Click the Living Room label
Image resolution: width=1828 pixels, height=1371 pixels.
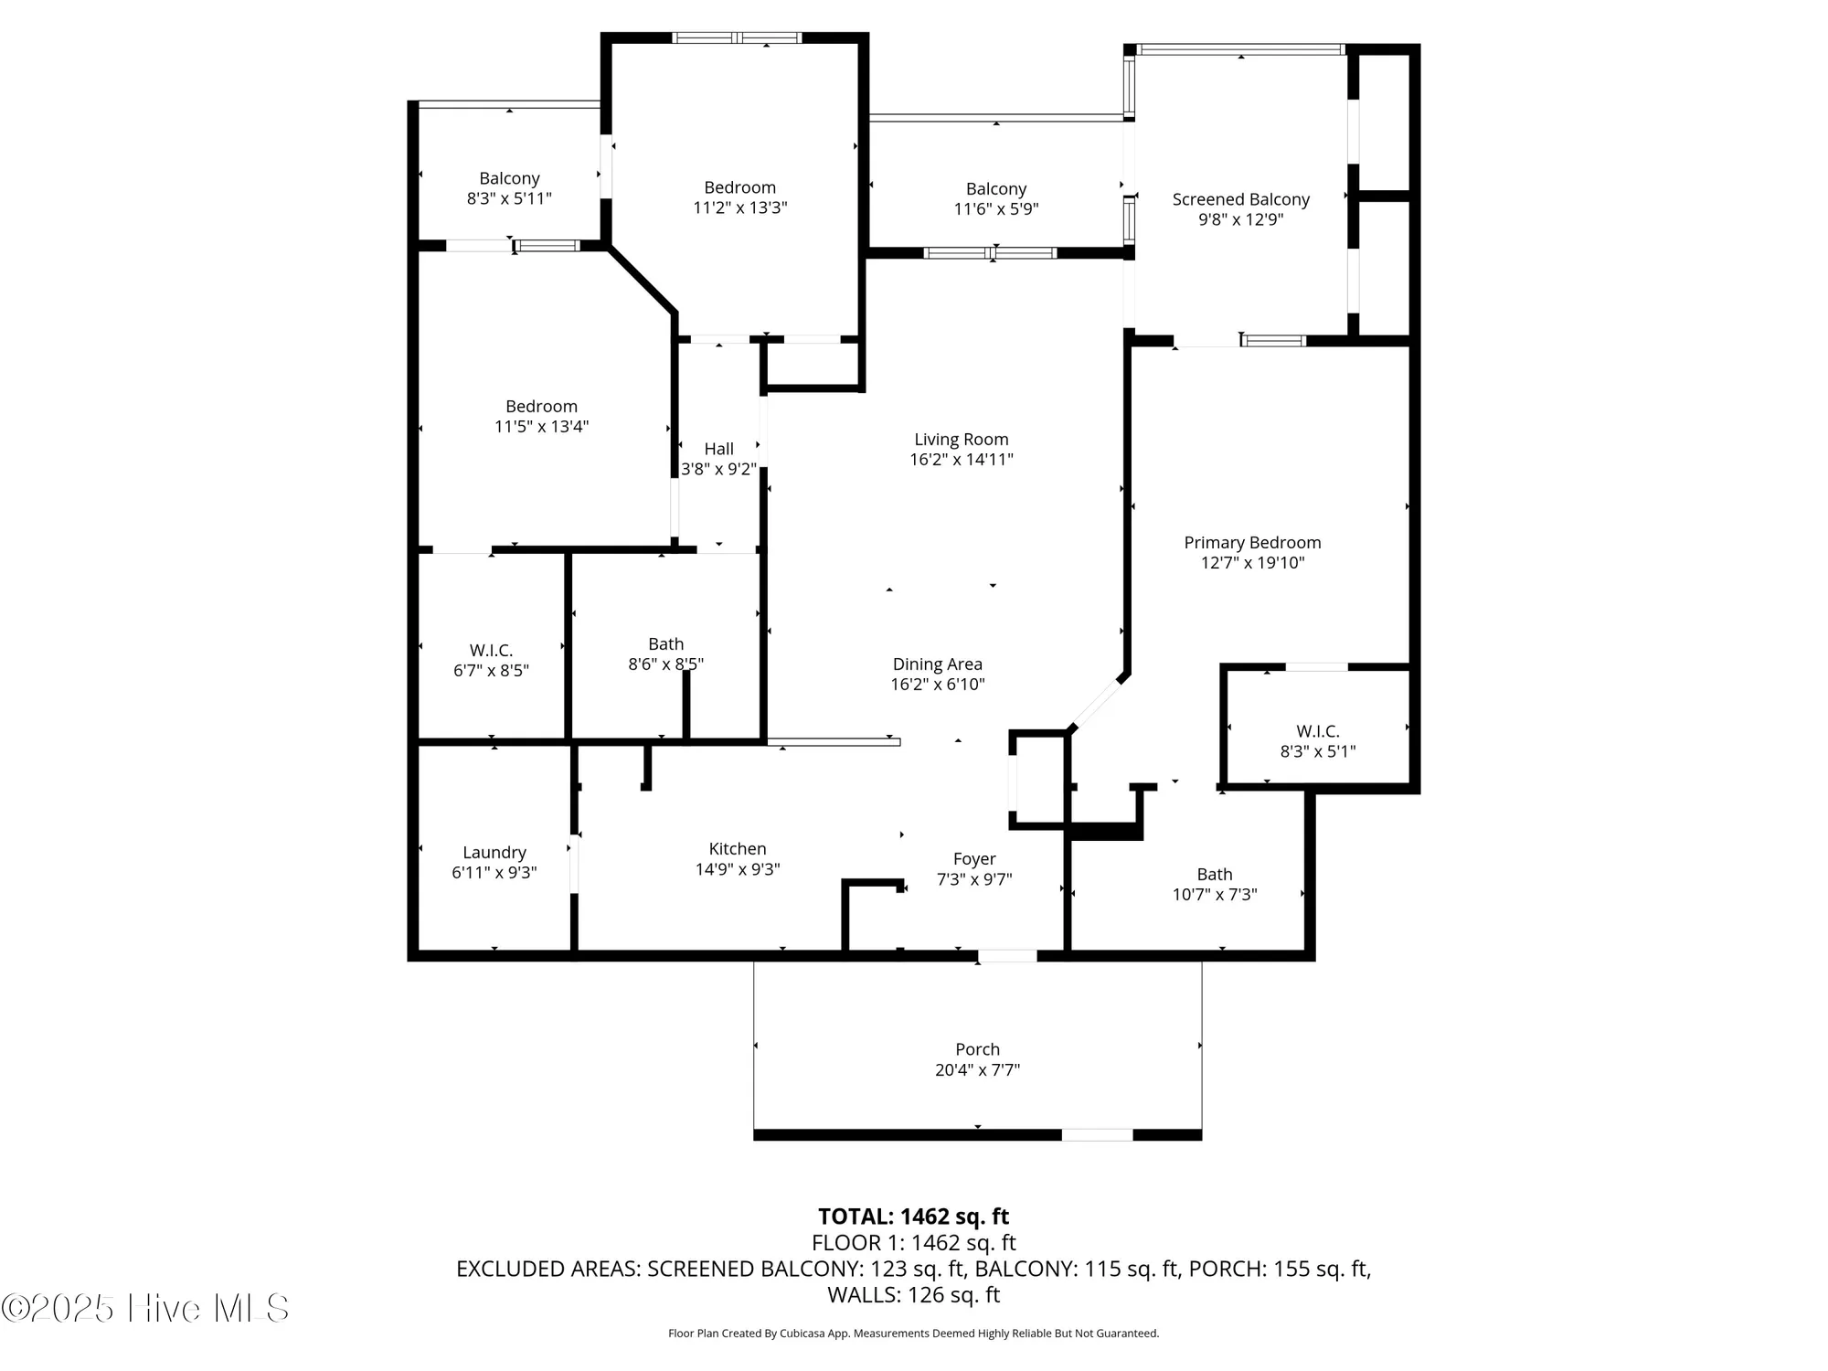961,440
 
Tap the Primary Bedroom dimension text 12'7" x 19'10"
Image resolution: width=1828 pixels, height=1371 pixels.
1252,563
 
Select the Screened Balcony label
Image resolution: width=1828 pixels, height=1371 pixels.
1240,199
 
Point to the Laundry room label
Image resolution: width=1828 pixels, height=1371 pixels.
494,852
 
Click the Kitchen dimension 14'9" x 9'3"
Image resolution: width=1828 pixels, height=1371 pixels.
737,869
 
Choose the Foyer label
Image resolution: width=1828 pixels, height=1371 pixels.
973,859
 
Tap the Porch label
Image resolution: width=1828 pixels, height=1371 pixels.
977,1049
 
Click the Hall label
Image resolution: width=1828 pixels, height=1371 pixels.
718,449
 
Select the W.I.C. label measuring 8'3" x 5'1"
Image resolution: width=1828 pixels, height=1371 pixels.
1317,731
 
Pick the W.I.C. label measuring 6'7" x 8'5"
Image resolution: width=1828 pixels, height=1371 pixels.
491,650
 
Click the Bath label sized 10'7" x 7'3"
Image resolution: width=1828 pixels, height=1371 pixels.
1214,875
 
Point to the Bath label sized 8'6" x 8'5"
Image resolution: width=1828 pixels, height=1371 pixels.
665,644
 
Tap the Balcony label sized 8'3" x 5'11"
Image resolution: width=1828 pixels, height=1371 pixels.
509,178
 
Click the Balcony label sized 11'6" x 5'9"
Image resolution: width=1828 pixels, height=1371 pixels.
995,189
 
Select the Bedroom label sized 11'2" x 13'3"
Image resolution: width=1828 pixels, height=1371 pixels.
739,187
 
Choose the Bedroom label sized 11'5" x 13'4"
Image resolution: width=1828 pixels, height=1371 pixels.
541,407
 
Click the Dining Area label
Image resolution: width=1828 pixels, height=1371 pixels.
937,664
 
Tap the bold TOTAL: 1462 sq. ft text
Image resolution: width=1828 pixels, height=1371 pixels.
913,1217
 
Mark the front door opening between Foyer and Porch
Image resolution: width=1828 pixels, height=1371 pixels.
1007,956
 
